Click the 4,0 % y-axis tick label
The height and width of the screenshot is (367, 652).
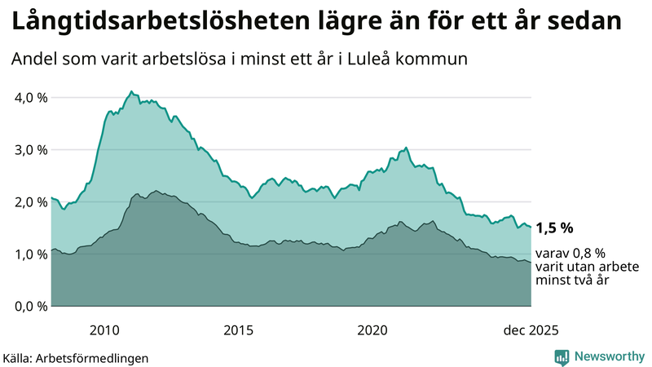28,98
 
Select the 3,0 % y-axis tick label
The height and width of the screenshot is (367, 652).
28,150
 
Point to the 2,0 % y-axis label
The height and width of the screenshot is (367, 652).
28,202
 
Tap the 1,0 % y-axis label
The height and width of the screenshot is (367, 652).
28,254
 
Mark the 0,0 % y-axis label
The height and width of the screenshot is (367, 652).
28,307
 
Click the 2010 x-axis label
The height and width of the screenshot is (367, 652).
105,330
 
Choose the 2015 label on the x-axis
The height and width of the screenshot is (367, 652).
239,330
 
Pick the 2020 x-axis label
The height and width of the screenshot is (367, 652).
372,330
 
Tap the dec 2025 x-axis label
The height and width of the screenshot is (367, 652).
531,330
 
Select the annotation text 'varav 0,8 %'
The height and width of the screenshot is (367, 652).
570,254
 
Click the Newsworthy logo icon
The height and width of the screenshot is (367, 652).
562,356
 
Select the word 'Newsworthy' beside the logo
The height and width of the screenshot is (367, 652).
610,356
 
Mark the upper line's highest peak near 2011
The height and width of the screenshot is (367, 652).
131,91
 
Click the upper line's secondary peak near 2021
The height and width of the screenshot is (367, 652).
406,148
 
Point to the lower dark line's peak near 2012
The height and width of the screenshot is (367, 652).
156,191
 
